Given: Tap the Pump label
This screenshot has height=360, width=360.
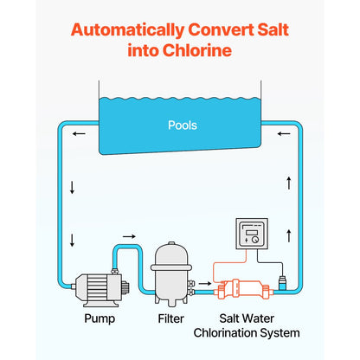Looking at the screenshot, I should pyautogui.click(x=98, y=318).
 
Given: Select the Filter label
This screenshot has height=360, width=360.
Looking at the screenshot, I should pyautogui.click(x=170, y=318).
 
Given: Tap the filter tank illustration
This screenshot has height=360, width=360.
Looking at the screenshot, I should pyautogui.click(x=171, y=273).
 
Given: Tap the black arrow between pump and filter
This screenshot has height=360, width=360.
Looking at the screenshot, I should pyautogui.click(x=129, y=235).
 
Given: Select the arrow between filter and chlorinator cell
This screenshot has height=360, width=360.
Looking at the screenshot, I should pyautogui.click(x=205, y=281).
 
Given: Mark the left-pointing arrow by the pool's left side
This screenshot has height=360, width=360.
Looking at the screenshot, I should pyautogui.click(x=79, y=134).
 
